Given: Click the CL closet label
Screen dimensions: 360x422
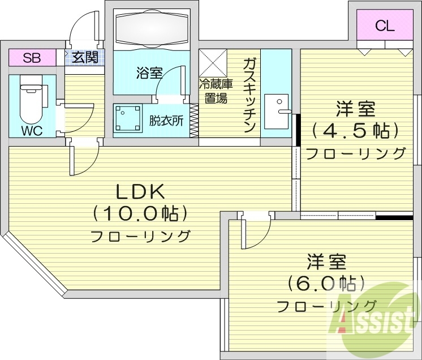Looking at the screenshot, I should (385, 25).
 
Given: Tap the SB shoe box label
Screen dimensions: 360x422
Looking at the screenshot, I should (32, 57).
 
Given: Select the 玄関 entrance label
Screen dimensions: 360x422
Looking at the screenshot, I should (85, 57).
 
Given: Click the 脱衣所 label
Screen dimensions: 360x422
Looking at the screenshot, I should (165, 121).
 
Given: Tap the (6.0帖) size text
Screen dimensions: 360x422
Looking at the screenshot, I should (325, 283).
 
